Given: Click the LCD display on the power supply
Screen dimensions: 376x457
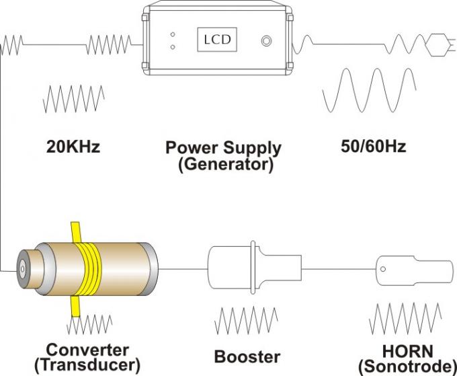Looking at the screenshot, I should coord(217,40).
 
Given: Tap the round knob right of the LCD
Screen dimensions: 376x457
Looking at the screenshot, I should coord(267,40).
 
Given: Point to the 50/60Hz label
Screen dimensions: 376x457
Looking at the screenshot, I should coord(374,146).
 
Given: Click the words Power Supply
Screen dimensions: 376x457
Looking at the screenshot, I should coord(223,147).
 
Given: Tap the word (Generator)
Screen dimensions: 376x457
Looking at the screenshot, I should coord(226,163).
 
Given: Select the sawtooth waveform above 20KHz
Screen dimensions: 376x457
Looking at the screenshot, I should coord(73,100).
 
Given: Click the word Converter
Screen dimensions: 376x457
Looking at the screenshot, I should coord(87,350).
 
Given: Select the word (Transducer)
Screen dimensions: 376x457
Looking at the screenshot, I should coord(87,365).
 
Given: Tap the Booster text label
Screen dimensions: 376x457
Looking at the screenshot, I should coord(247,356).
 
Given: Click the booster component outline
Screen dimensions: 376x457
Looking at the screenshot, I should coord(255,267).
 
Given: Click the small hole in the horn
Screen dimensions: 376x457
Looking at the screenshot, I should coord(384,268).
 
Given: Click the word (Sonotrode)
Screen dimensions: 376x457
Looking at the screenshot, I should coord(408,366).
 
